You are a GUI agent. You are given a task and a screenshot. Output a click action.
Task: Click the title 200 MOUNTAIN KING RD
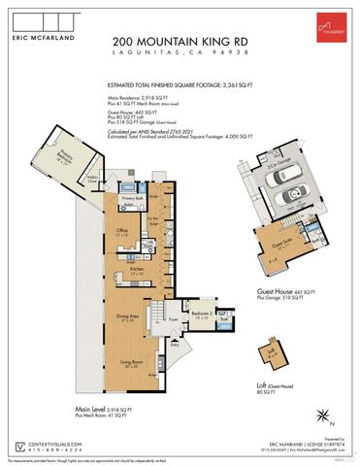tap(180, 41)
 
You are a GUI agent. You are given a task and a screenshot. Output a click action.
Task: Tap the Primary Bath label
tap(133, 196)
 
